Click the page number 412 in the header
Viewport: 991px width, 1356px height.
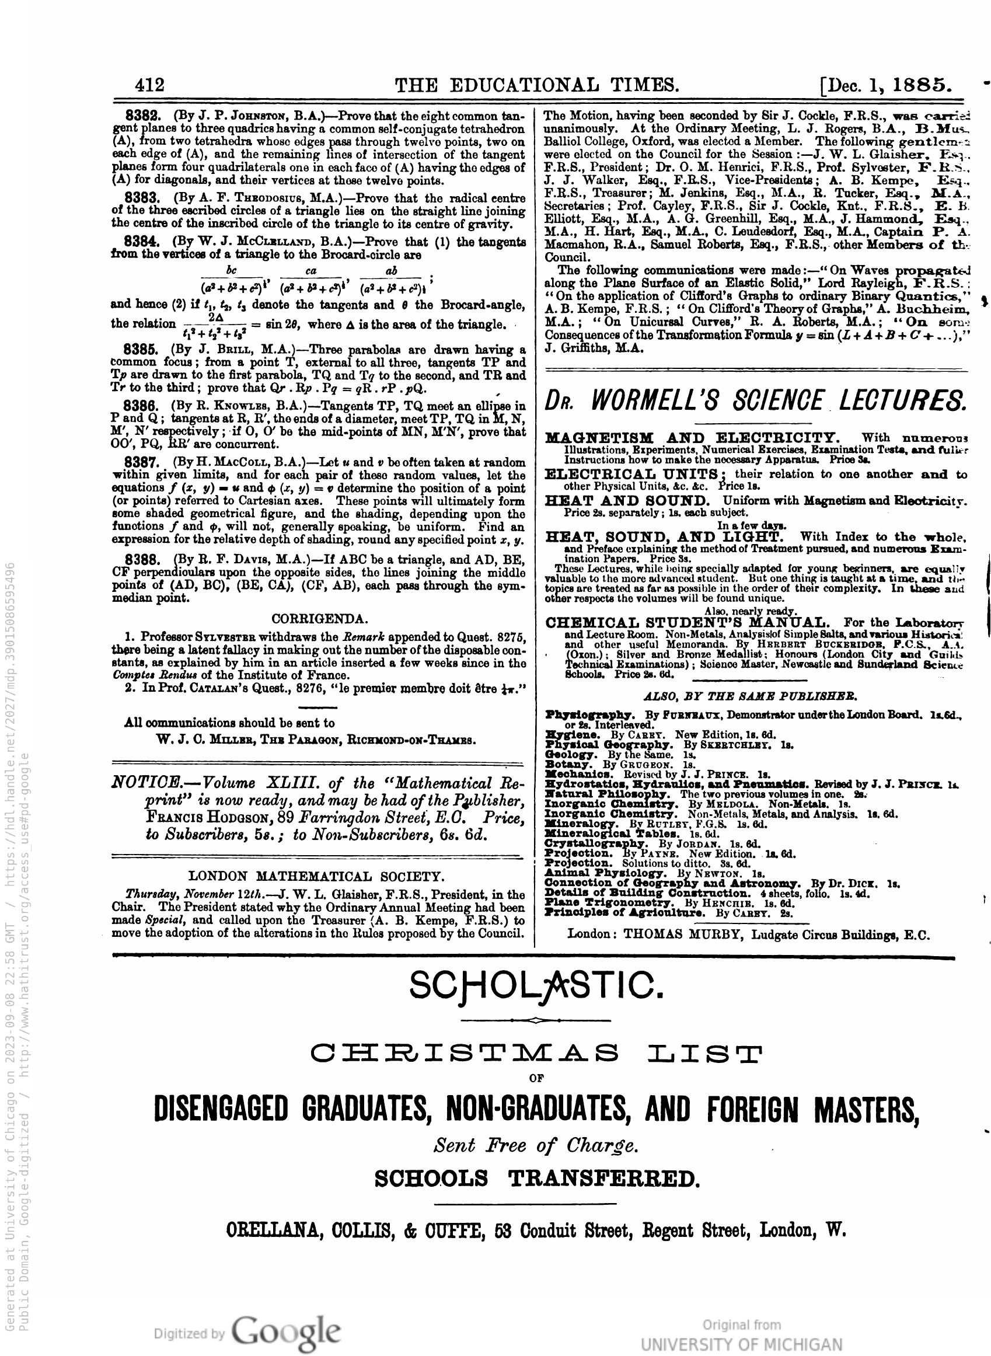(149, 85)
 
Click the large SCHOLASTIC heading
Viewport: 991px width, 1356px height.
(536, 985)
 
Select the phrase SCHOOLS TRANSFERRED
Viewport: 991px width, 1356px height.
(536, 1179)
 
